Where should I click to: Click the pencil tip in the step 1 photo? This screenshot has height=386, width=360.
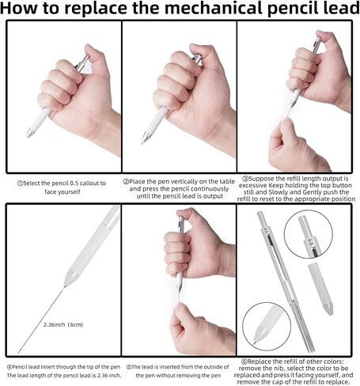tap(28, 135)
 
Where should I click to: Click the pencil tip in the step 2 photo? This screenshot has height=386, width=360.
tap(143, 141)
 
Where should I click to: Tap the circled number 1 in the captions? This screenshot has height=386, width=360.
tap(20, 184)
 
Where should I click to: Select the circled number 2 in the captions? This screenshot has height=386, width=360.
tap(126, 182)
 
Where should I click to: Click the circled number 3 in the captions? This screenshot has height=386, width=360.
tap(245, 179)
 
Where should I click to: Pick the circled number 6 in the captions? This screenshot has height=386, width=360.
tap(244, 361)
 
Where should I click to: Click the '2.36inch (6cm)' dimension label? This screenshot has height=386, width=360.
tap(63, 324)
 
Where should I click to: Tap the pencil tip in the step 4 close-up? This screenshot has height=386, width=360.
tap(64, 286)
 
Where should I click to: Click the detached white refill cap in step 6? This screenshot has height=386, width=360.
tap(320, 289)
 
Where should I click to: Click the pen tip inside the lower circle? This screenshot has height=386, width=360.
tap(254, 342)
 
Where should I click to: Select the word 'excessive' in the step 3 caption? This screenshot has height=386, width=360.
tap(252, 185)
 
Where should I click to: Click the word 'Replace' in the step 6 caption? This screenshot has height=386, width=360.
tap(261, 361)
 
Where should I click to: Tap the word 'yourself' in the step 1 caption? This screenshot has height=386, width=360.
tap(68, 191)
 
